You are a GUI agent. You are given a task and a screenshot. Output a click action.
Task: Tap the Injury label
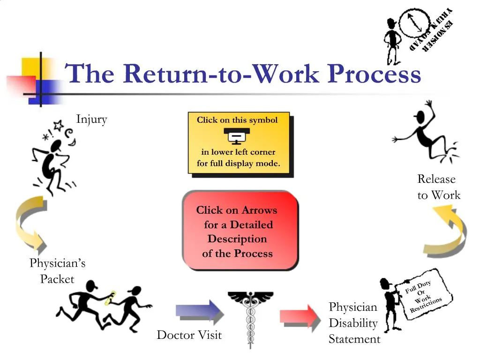[92, 119]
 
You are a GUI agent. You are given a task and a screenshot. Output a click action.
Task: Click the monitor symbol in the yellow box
[237, 136]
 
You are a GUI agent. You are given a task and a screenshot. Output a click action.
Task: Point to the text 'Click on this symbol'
[237, 120]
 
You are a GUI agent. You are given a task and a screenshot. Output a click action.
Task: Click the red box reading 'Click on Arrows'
[240, 231]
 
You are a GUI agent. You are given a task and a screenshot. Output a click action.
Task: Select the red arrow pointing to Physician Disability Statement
[300, 314]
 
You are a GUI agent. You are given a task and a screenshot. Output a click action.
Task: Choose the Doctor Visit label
[189, 335]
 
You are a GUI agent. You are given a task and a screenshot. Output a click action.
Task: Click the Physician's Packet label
[57, 271]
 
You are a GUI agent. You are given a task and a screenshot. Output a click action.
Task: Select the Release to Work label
[438, 187]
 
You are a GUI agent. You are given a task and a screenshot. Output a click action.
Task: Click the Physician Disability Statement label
[354, 323]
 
